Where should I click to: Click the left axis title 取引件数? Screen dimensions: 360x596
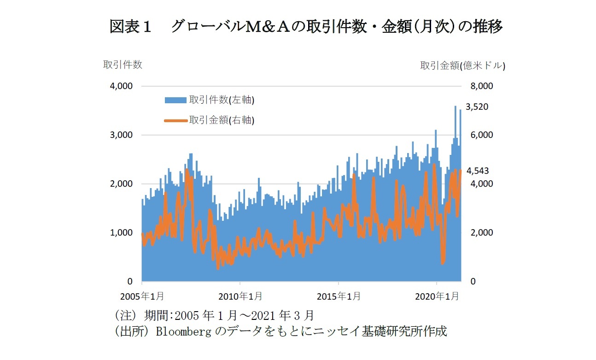point(123,65)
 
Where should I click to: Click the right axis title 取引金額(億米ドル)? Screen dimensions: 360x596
point(462,66)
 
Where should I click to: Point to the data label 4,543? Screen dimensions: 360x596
point(478,171)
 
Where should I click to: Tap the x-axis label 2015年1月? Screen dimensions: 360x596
point(338,296)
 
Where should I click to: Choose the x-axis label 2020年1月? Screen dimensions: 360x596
point(436,296)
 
